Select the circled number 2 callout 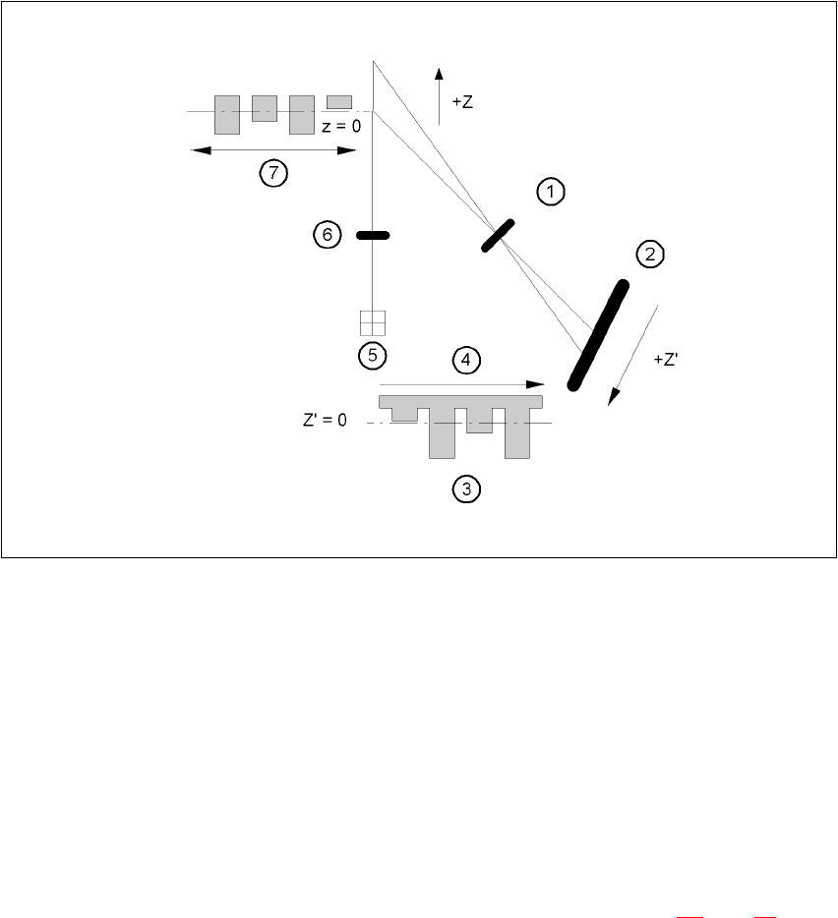tap(650, 256)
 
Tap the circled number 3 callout tap(467, 488)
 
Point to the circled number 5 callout tap(372, 355)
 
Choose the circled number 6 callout tap(327, 235)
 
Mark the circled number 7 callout tap(272, 174)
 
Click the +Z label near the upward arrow tap(462, 102)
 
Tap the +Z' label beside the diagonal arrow tap(666, 361)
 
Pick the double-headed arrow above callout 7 tap(272, 150)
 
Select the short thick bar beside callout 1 tap(499, 236)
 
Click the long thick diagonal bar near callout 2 tap(598, 334)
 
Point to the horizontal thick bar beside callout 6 tap(373, 235)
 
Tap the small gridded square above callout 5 tap(373, 323)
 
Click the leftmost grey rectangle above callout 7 tap(227, 114)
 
